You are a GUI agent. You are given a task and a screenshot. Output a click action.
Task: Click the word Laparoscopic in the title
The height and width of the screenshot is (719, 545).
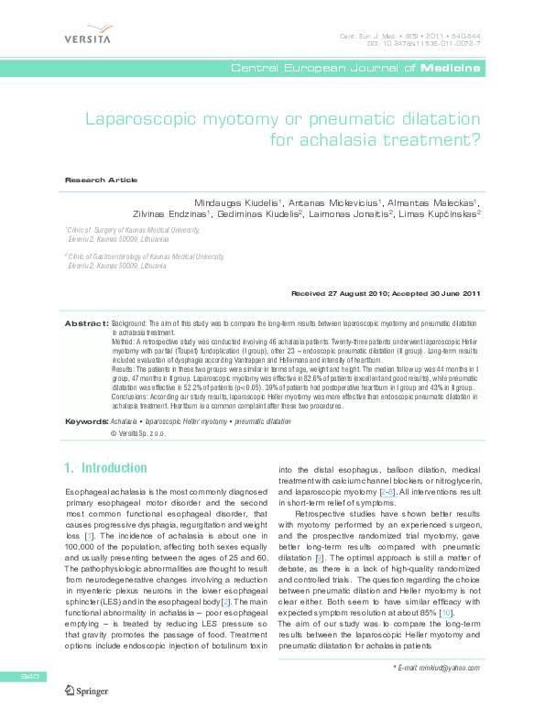coord(147,119)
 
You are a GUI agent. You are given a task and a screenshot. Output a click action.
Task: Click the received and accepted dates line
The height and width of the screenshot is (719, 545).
coord(385,293)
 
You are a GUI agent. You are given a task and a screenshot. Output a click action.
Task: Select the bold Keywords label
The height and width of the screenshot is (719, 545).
coord(87,420)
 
